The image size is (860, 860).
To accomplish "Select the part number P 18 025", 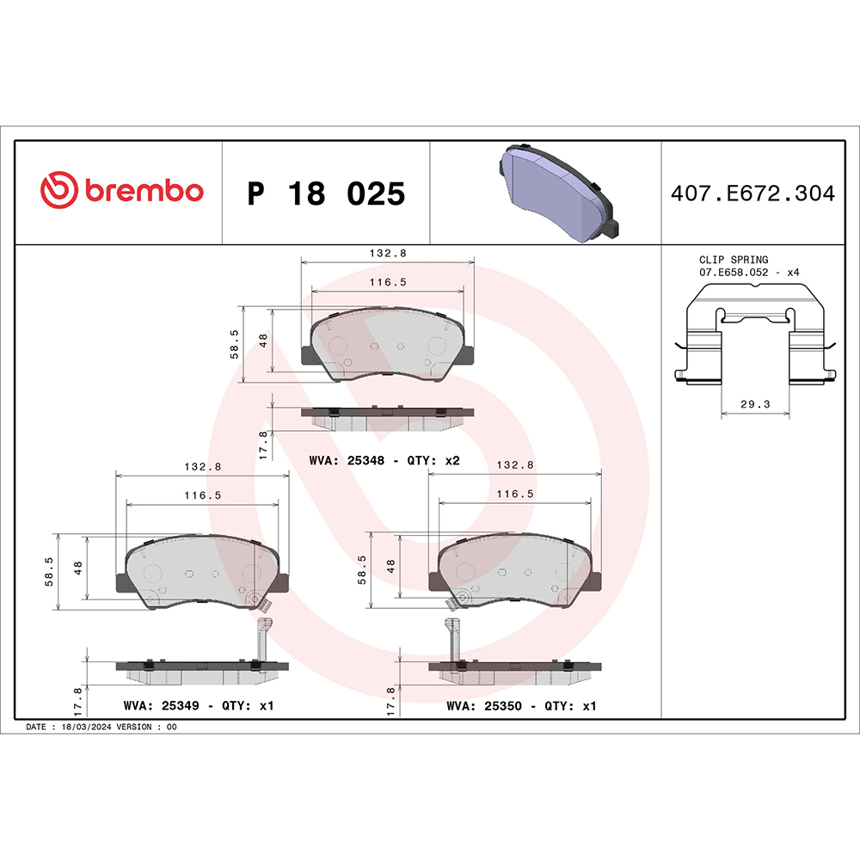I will tap(325, 194).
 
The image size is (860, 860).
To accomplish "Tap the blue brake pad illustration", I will tap(556, 192).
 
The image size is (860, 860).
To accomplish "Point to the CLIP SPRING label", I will tap(734, 259).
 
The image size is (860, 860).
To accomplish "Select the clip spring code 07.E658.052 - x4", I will tap(749, 272).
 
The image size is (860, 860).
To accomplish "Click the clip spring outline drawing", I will tap(755, 344).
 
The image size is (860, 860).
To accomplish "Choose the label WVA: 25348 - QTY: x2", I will tap(384, 460).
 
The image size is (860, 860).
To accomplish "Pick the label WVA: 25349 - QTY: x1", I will tap(198, 705).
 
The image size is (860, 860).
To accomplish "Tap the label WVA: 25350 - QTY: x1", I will tap(521, 705).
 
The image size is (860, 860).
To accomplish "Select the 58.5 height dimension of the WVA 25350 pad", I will tap(362, 569).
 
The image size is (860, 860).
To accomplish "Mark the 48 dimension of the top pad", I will tap(264, 339).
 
